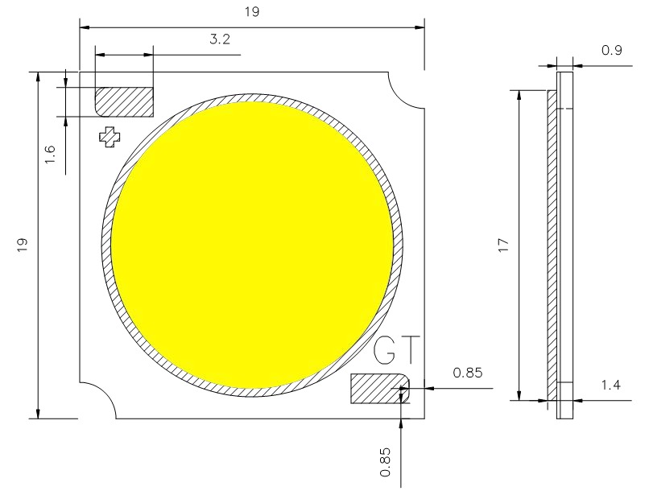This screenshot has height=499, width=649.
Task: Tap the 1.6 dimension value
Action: coord(50,155)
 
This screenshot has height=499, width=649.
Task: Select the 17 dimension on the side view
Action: coord(503,246)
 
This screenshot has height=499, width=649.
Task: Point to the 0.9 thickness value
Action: coord(611,51)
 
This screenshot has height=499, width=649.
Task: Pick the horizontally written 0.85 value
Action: coord(468,373)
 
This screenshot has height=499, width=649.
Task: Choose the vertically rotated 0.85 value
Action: coord(386,464)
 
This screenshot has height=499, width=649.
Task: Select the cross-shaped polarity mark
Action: coord(108,136)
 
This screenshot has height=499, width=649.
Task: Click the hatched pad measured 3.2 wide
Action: coord(124,102)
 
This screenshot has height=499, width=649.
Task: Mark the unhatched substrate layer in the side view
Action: coord(564,241)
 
